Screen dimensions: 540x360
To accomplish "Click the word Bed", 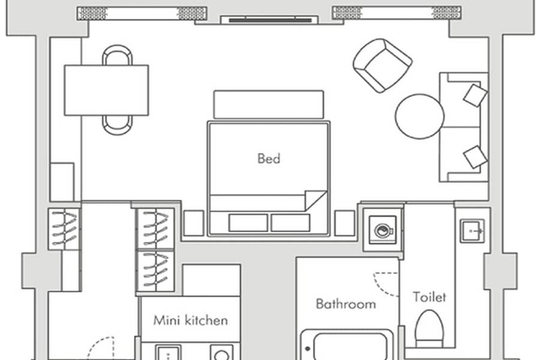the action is click(x=269, y=158).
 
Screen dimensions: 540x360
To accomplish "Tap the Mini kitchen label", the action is click(x=190, y=320).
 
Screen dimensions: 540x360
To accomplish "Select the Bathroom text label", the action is click(x=346, y=304).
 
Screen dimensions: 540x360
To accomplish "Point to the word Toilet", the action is click(x=429, y=296).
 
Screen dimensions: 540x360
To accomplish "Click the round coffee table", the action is click(x=419, y=116).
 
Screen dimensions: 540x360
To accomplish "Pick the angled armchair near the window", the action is click(x=383, y=65).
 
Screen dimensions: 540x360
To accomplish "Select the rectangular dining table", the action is click(x=106, y=90).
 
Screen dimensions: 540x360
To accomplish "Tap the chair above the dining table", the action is click(x=117, y=55).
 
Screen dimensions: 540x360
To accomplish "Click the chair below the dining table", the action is click(x=117, y=125).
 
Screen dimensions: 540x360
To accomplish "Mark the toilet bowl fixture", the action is click(x=429, y=329).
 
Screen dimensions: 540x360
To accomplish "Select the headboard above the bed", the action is click(x=269, y=105).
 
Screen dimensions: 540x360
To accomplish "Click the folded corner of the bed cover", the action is click(x=316, y=200).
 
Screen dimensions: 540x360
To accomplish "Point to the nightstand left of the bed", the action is click(x=194, y=223).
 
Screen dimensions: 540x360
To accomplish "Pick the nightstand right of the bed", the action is click(x=345, y=223).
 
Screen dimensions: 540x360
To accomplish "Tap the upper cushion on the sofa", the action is click(x=475, y=95).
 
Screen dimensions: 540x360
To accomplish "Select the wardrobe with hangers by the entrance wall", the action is click(x=64, y=229).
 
